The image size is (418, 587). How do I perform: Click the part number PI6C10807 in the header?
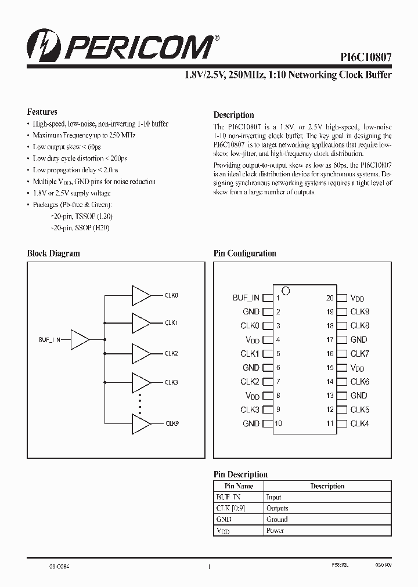(x=366, y=57)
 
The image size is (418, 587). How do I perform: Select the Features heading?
(x=42, y=112)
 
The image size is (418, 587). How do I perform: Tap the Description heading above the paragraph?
(x=233, y=115)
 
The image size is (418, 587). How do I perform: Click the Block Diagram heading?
(x=53, y=253)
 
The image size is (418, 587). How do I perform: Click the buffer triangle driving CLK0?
(x=140, y=295)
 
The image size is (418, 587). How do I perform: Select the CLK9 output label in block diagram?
(x=172, y=423)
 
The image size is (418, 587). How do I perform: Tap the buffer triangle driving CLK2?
(x=140, y=353)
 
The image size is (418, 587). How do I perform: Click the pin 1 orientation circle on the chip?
(x=285, y=290)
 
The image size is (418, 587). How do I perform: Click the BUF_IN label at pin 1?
(x=246, y=298)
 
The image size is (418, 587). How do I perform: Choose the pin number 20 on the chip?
(x=330, y=298)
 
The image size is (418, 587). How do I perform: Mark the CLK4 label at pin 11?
(x=360, y=423)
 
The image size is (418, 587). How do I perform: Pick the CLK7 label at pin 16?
(x=360, y=354)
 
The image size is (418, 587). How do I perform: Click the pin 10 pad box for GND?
(x=268, y=423)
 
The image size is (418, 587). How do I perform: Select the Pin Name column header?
(x=239, y=486)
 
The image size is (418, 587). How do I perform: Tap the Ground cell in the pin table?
(x=277, y=520)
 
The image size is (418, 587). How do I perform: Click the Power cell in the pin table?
(x=275, y=531)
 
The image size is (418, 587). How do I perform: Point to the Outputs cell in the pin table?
(x=277, y=509)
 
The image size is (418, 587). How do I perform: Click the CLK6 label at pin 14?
(x=360, y=382)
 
